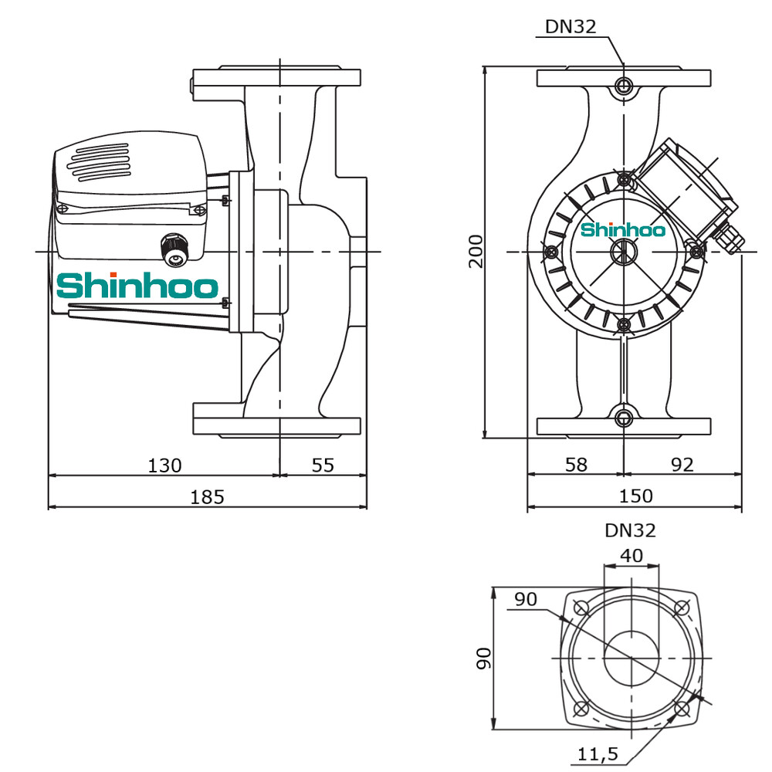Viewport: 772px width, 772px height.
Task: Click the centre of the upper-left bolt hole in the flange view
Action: pos(581,608)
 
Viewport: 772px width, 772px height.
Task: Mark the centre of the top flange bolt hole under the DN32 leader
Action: pos(624,86)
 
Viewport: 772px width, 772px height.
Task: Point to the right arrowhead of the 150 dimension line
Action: pos(737,506)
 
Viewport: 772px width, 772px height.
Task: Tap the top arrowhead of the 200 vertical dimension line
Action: pos(486,70)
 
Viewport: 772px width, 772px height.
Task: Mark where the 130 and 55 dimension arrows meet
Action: pos(279,475)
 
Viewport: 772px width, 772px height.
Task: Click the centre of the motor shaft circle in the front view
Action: pos(624,252)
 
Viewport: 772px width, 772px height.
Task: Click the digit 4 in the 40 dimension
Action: pos(626,555)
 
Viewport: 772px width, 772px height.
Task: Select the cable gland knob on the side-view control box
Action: pos(175,250)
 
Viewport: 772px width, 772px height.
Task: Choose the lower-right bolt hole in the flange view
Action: pos(682,709)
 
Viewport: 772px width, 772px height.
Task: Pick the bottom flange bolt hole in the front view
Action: pos(624,418)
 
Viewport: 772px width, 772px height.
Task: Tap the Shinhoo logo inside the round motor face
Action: pos(623,229)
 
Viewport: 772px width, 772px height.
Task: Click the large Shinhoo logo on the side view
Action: pos(137,286)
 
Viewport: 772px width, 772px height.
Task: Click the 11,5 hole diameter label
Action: pos(598,753)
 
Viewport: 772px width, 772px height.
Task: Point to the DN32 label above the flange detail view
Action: pos(630,530)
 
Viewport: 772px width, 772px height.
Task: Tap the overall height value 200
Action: pos(476,251)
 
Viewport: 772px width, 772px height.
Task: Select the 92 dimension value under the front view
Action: pos(682,464)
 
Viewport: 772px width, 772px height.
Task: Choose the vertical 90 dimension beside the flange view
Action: pos(483,659)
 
